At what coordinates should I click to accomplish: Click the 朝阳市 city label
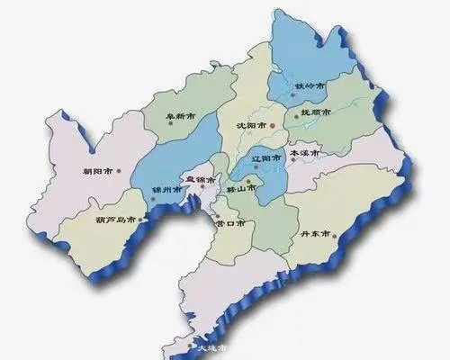coord(95,169)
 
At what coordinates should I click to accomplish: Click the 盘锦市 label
coord(200,180)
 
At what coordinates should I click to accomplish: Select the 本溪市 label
coord(305,154)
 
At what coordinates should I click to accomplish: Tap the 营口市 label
coord(235,222)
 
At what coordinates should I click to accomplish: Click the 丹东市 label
coord(318,238)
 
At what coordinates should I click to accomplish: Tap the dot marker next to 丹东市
coord(337,238)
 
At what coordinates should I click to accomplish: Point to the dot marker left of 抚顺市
coord(294,114)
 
